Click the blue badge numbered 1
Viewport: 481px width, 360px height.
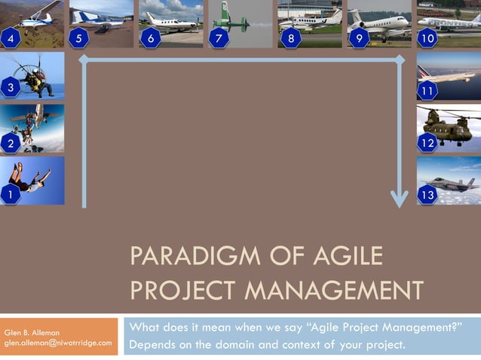10,195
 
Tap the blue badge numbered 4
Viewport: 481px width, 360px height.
10,38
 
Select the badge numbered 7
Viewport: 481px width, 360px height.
219,38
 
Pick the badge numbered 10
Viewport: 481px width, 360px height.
428,38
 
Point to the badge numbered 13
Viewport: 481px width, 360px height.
428,195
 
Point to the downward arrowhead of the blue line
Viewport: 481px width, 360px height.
399,200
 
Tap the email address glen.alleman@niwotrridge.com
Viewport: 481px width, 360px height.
58,343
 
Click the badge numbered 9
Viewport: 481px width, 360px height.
359,38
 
